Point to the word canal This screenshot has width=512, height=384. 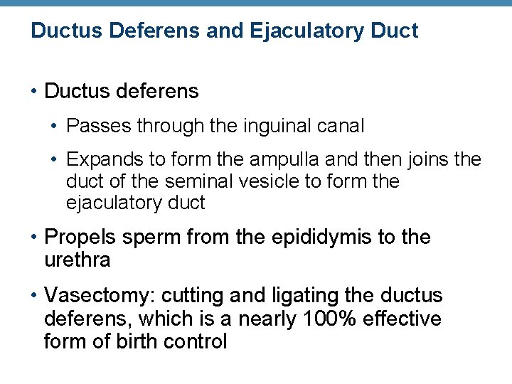(338, 127)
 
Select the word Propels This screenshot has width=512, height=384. (77, 237)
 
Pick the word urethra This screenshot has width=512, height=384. (77, 260)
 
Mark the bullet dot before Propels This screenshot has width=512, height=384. (35, 238)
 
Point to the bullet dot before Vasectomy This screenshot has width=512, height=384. (35, 296)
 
